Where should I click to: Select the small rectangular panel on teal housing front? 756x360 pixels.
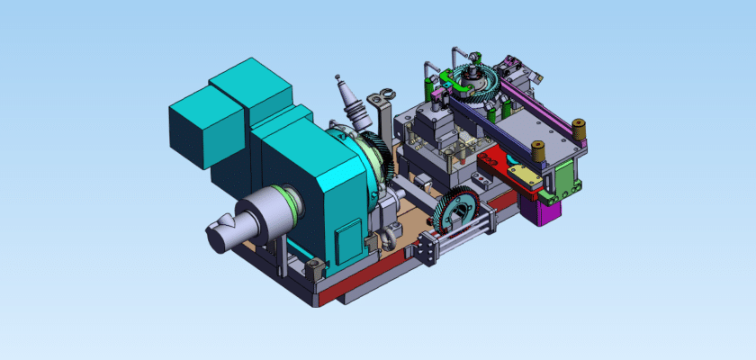click(346, 243)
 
